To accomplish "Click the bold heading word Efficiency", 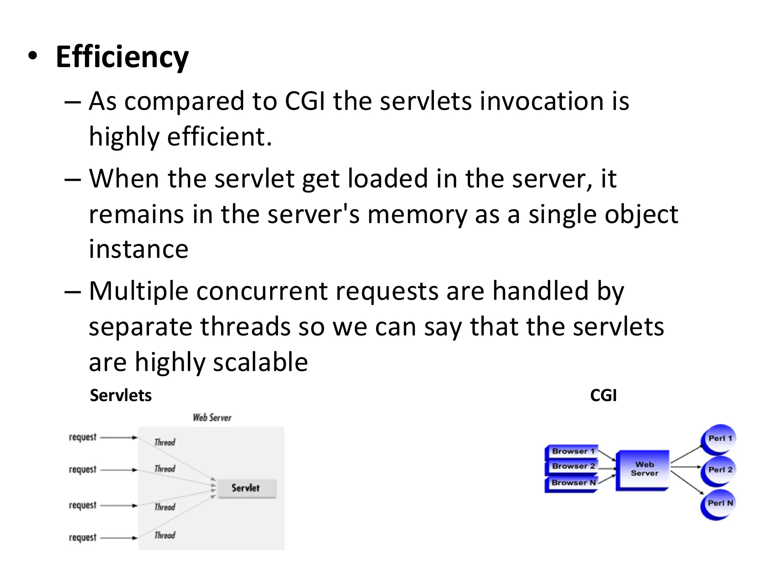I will [122, 57].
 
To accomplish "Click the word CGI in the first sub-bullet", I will [305, 101].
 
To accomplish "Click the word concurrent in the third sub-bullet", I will [262, 291].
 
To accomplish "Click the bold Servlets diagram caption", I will [121, 395].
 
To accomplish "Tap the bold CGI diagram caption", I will [603, 395].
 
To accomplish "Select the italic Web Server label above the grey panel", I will [212, 418].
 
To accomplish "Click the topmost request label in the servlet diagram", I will [82, 437].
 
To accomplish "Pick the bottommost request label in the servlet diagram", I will [82, 538].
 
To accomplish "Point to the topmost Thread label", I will [165, 442].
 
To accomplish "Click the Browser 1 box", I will [572, 451].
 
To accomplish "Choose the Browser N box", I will [572, 483].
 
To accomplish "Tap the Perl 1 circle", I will [719, 439].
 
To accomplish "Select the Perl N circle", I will [719, 504].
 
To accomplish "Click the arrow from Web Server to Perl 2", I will [685, 467].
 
